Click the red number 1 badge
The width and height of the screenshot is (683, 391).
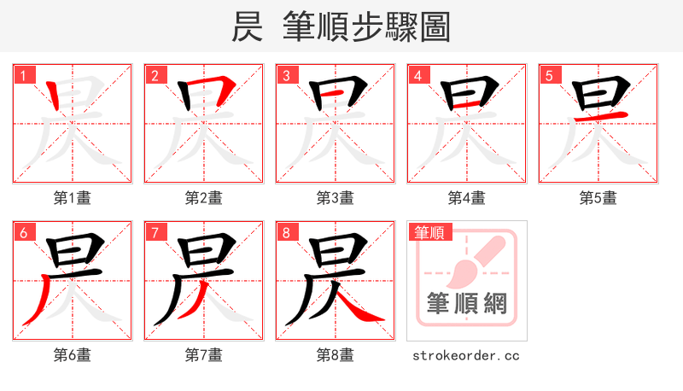point(22,76)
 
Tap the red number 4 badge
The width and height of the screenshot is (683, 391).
point(417,76)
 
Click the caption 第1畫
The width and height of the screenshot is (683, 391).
point(73,198)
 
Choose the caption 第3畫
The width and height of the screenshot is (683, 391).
point(336,198)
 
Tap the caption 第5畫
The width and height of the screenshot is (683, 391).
point(598,198)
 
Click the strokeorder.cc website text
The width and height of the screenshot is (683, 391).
point(466,355)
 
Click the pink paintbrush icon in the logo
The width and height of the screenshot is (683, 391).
point(472,260)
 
